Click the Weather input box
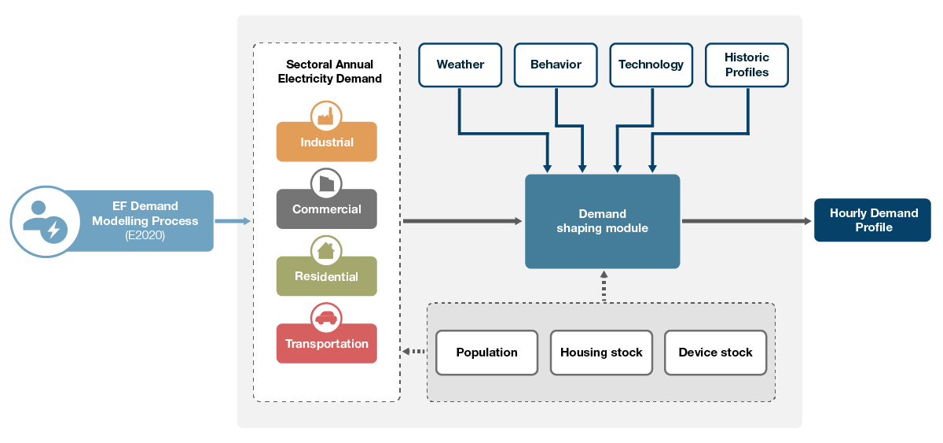point(460,65)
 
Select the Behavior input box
point(556,65)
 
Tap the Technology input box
point(651,65)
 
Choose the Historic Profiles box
point(747,65)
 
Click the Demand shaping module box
point(602,221)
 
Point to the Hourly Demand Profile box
point(873,220)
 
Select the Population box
point(486,353)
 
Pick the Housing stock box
point(601,353)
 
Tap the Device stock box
point(715,353)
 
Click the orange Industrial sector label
point(327,143)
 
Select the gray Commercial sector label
point(327,210)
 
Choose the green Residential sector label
point(327,277)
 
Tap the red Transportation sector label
point(327,344)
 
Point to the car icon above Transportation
point(326,318)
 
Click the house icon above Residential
point(326,251)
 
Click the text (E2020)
point(145,235)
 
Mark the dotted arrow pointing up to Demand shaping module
point(604,286)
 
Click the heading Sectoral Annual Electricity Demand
point(330,72)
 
